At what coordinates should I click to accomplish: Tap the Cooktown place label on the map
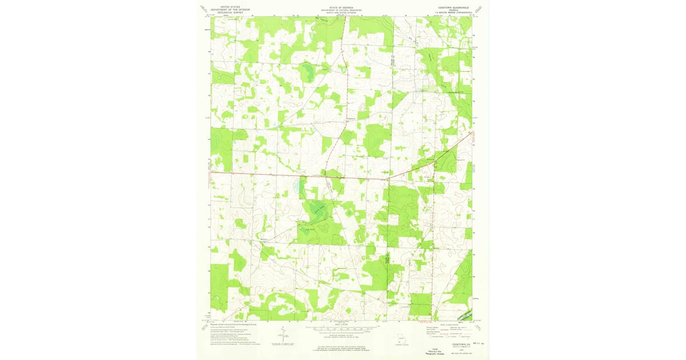(x=352, y=119)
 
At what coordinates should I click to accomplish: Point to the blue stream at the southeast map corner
(x=465, y=315)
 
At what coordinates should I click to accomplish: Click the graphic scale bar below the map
(x=342, y=329)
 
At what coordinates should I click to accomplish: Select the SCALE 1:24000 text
(x=342, y=325)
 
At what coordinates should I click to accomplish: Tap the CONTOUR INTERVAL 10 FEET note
(x=342, y=335)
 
